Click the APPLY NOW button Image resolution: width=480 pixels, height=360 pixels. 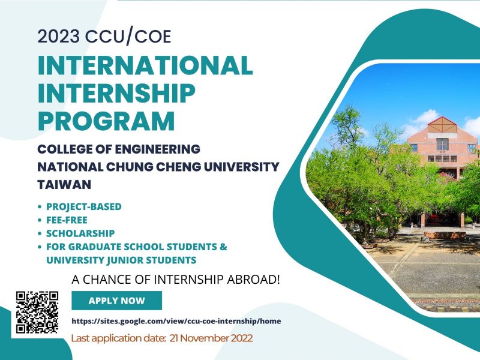(116, 301)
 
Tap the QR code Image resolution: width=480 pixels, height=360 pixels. (37, 312)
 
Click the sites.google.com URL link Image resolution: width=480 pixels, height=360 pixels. (176, 321)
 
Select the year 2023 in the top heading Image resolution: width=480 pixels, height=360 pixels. (58, 37)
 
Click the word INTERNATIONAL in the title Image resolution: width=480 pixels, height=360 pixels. (145, 65)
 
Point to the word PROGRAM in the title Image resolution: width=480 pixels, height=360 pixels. (106, 121)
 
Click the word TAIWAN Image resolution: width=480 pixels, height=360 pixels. (64, 185)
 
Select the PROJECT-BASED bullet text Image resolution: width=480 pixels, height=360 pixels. (84, 206)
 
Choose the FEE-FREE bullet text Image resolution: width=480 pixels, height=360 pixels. (67, 220)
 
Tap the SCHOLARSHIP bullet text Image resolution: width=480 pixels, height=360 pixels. (80, 233)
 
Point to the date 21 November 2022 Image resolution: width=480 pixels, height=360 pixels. (211, 338)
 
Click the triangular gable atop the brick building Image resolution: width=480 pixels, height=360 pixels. (442, 125)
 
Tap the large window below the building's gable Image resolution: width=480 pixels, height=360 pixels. (442, 144)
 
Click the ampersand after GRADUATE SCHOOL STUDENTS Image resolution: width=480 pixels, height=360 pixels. (223, 247)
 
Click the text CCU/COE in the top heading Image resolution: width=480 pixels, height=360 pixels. (128, 37)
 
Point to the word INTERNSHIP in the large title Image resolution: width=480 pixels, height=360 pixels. (116, 93)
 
